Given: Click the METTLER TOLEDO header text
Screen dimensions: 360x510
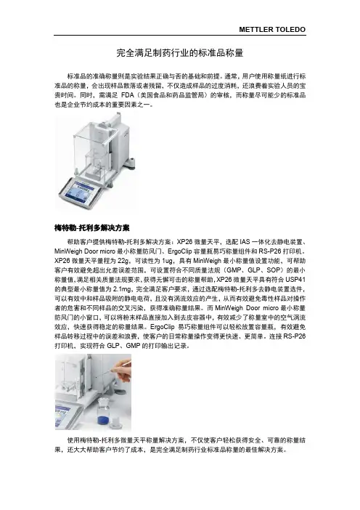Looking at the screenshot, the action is (x=272, y=29).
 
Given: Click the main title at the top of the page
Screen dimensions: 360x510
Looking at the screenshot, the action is (x=180, y=53).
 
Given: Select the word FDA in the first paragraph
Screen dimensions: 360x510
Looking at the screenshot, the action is (x=128, y=95).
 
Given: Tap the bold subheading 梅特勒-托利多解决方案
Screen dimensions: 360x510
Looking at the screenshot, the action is (x=92, y=228).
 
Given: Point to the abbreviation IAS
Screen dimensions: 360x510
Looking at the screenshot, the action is (x=245, y=242).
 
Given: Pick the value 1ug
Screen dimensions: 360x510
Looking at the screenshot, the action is (x=168, y=261).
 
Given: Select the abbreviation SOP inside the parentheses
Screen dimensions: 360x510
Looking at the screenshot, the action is (x=273, y=270).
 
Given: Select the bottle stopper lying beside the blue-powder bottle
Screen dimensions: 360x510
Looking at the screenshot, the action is (x=115, y=424).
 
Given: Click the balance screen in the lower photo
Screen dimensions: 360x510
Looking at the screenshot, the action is (x=63, y=414).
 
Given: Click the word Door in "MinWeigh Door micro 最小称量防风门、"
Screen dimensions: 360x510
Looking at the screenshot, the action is (x=92, y=251).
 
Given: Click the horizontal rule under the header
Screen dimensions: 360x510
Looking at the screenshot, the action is (x=180, y=35).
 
